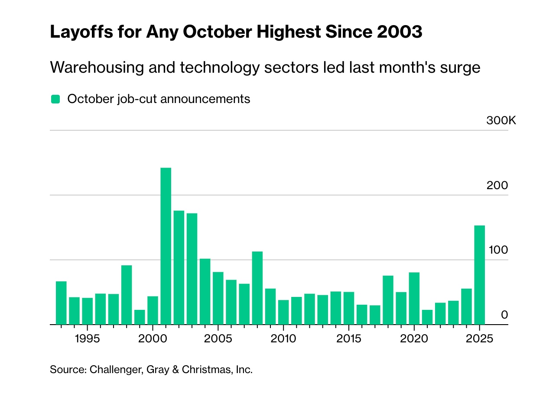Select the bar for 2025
[479, 275]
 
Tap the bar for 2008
[257, 288]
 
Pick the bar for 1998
[127, 295]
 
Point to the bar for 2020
[414, 298]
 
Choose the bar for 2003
[192, 269]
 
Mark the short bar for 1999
[140, 317]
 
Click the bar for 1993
[61, 303]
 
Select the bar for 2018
[388, 300]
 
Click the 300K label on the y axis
[501, 120]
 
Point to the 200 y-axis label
[497, 185]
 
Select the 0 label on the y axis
[504, 315]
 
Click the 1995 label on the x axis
[87, 338]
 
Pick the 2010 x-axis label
[283, 338]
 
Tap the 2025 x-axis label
[479, 338]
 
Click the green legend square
[55, 99]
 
